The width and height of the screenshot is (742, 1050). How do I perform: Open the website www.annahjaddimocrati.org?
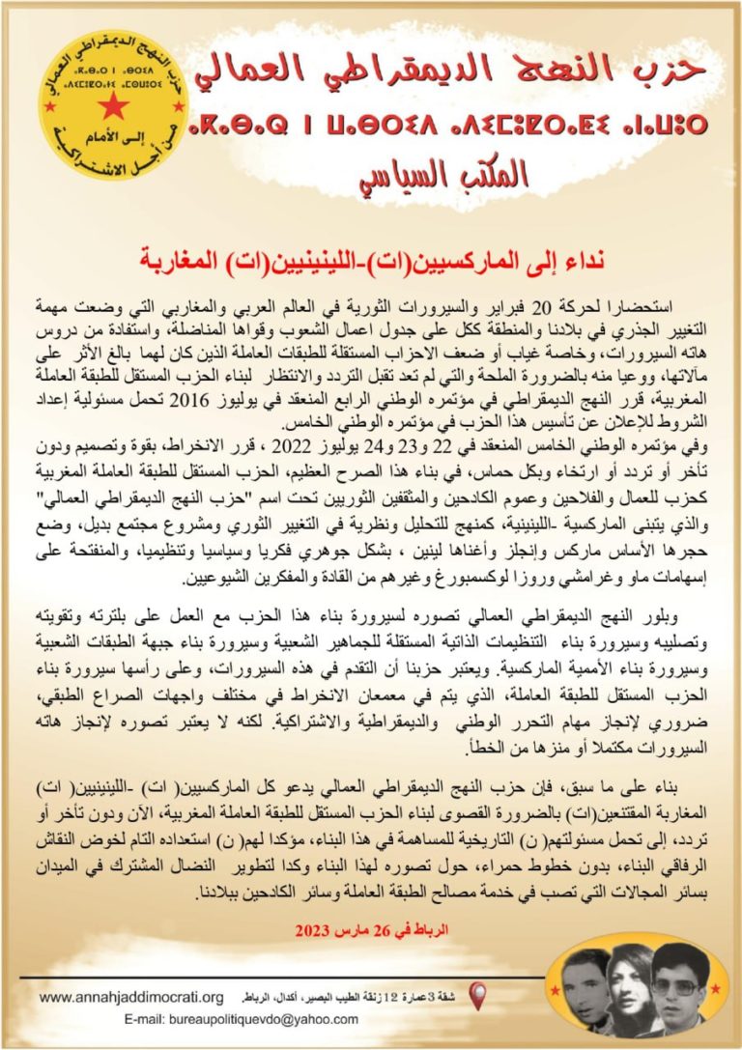coord(132,997)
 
